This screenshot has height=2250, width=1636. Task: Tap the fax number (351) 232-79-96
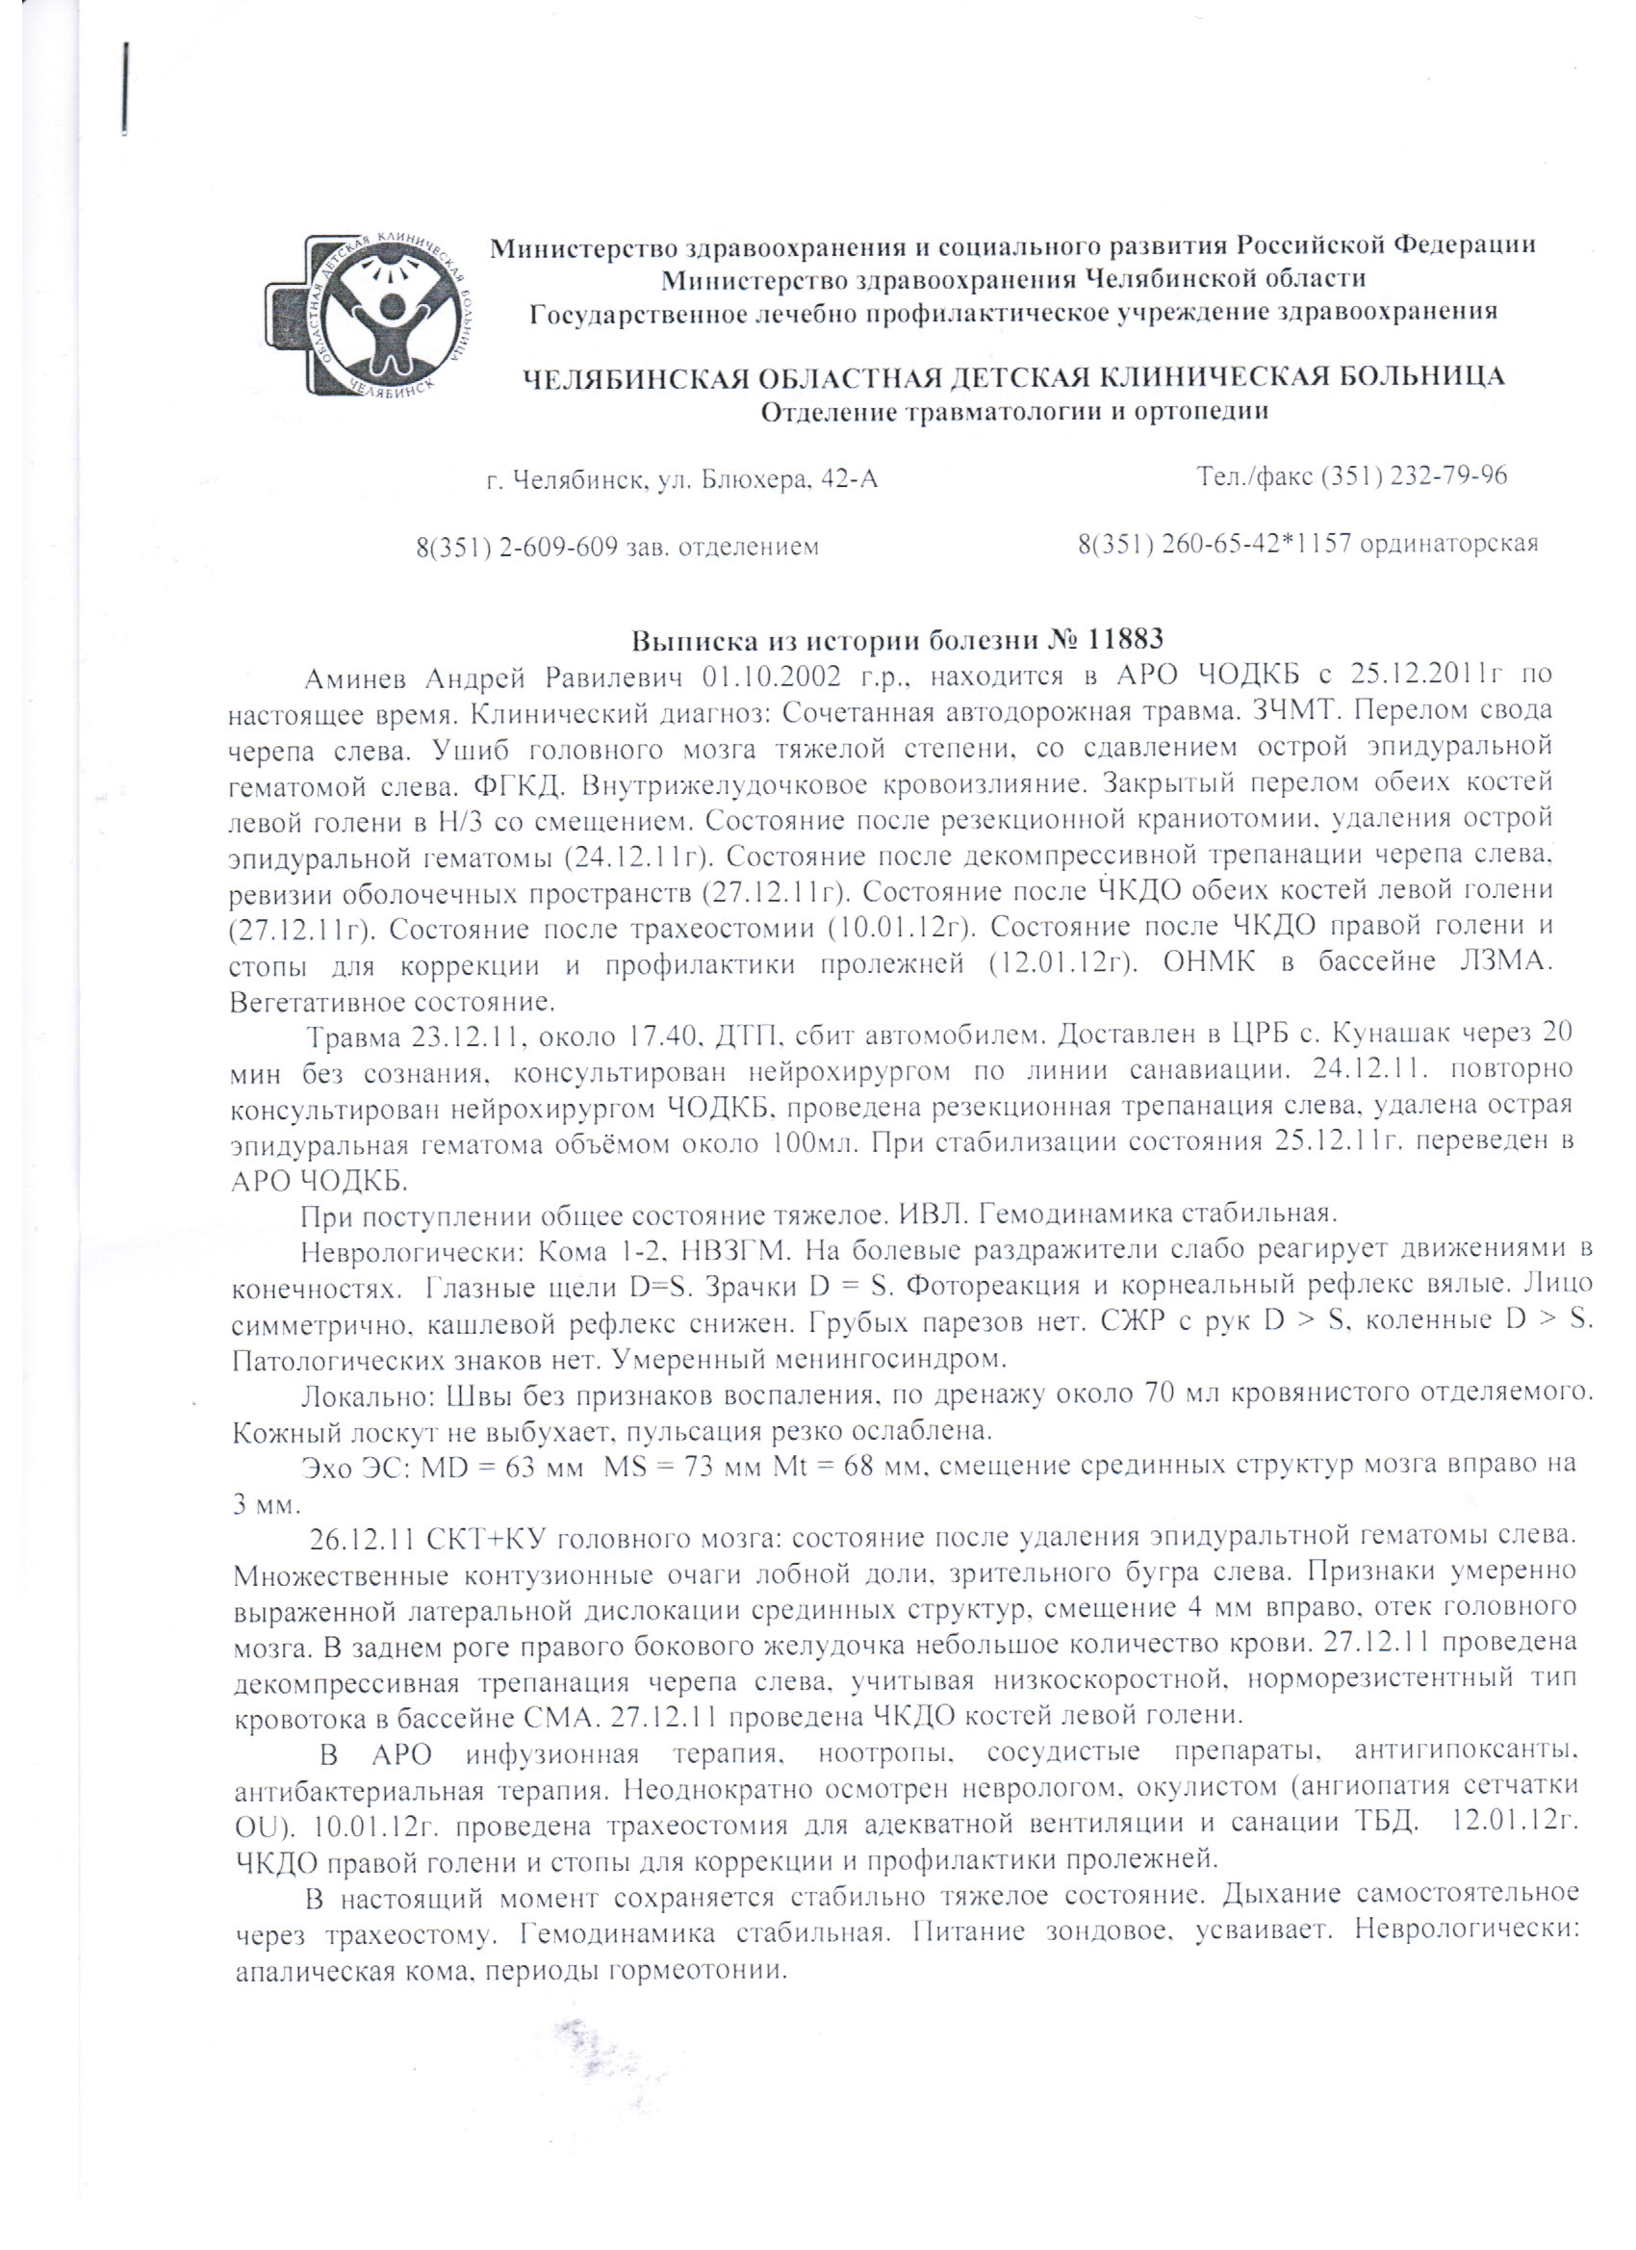(1413, 477)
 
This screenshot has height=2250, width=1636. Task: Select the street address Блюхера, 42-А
(790, 481)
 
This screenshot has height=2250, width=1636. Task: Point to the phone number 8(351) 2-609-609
(517, 547)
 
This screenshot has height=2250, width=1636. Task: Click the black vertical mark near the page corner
(127, 89)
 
